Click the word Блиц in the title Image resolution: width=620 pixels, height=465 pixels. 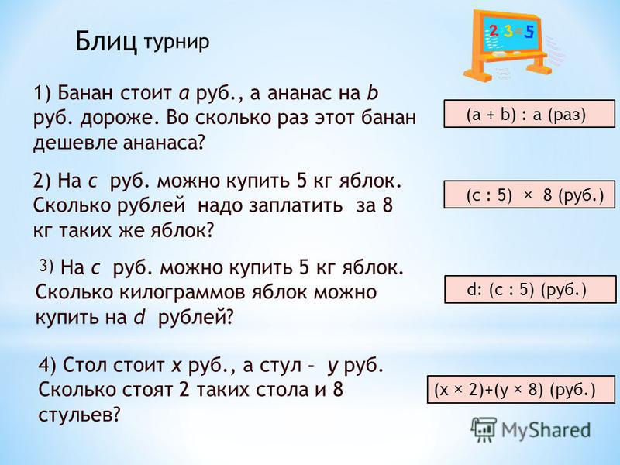coord(106,41)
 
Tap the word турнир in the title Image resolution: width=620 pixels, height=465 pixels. coord(176,42)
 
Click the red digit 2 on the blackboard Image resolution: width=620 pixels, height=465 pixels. coord(494,31)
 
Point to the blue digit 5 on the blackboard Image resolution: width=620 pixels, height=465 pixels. coord(529,32)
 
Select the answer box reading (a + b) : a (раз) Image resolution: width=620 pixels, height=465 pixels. coord(529,114)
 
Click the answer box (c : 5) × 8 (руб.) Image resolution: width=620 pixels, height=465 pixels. coord(529,195)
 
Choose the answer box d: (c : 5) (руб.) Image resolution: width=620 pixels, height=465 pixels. coord(530,289)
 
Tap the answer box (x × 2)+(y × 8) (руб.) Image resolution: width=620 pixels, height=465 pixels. coord(521,390)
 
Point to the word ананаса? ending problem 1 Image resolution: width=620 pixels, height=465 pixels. coord(164,143)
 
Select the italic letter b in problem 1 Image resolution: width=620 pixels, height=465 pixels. coord(373,93)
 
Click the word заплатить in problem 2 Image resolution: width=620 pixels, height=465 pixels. coord(295,205)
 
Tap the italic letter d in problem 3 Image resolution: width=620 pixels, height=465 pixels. coord(139,317)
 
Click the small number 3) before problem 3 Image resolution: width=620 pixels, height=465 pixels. coord(46,265)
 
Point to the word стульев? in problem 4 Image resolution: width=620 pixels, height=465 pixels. coord(79,415)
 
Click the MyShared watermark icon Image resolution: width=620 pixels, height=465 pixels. coord(483,429)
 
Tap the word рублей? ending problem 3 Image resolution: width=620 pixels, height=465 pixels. coord(196,318)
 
